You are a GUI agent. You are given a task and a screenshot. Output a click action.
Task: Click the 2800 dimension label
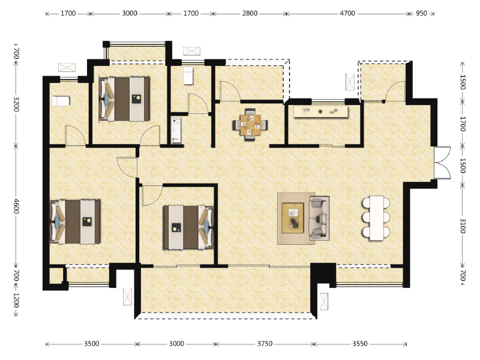pos(250,13)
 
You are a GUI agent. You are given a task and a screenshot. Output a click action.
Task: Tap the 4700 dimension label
pos(347,13)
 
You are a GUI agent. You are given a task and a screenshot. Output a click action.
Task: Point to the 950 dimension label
pos(421,13)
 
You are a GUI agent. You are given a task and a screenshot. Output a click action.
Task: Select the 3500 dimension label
pos(92,344)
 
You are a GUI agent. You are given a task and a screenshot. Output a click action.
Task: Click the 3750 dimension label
pos(265,344)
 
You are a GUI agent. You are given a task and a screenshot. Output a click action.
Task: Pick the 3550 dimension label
pos(359,344)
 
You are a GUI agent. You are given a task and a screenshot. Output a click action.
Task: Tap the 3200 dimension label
pos(17,104)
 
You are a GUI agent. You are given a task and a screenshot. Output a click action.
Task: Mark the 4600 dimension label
pos(17,206)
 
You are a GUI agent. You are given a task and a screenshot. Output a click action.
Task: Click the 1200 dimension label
pos(17,301)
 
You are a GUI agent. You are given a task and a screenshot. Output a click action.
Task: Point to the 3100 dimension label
pos(463,226)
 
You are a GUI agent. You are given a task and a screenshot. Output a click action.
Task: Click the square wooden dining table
pos(250,125)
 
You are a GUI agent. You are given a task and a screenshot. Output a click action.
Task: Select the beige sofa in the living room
pos(319,218)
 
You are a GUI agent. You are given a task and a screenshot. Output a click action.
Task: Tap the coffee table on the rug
pos(293,218)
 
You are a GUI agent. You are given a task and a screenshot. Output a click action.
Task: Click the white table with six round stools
pos(376,218)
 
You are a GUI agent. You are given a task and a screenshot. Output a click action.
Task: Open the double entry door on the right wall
pos(442,163)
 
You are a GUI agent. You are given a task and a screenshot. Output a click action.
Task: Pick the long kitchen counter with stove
pos(321,112)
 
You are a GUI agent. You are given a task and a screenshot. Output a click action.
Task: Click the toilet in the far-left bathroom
pos(61,101)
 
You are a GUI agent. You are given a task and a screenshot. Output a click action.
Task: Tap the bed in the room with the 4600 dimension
pos(76,221)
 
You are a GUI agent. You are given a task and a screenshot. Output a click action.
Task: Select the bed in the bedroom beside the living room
pos(188,227)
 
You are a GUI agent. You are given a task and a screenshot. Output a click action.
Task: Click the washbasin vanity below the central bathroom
pos(176,130)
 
